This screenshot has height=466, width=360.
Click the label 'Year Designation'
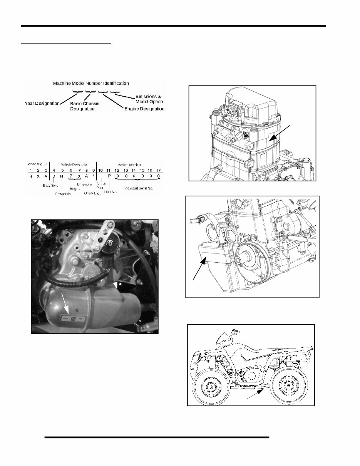click(x=42, y=103)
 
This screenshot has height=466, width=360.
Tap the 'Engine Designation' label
click(x=144, y=109)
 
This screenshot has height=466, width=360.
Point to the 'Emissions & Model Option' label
click(x=149, y=99)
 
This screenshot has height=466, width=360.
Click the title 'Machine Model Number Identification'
click(x=91, y=83)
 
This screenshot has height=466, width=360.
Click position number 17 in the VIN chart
click(x=158, y=169)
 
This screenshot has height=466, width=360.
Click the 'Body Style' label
click(x=50, y=185)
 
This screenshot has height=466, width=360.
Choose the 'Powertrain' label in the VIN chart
click(x=64, y=194)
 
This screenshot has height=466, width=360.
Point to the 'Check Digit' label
click(x=92, y=193)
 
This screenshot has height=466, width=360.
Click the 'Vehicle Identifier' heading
click(x=129, y=164)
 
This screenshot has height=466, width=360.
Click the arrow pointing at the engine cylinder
click(x=279, y=133)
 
